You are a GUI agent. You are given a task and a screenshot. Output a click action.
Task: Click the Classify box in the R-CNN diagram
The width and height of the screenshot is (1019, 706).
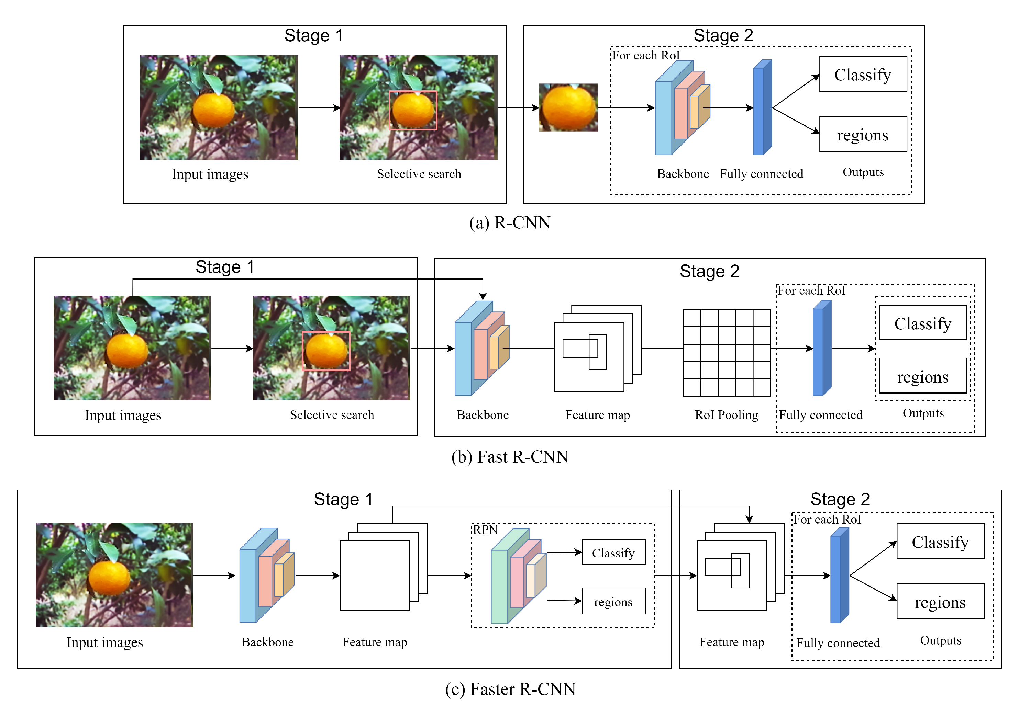[862, 74]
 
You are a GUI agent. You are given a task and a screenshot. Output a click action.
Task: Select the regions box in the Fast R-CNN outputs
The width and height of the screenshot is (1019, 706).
[922, 376]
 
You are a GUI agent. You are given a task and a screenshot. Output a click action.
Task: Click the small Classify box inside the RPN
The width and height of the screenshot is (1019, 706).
[613, 553]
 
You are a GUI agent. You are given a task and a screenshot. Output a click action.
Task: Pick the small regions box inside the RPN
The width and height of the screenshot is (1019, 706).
[613, 601]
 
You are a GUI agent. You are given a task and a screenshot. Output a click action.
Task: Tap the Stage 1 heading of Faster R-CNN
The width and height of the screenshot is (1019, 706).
[343, 499]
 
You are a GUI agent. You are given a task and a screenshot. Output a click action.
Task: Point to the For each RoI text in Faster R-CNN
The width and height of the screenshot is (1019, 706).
[827, 519]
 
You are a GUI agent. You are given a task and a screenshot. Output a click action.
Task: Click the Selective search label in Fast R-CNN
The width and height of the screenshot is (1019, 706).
[332, 414]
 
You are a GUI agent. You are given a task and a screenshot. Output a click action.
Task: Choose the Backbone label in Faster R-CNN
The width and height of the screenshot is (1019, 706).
[267, 642]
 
